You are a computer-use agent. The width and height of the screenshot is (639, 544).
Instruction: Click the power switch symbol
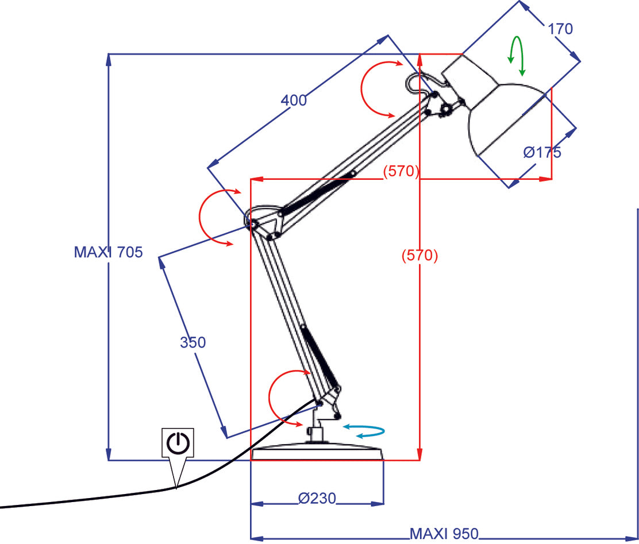tap(178, 442)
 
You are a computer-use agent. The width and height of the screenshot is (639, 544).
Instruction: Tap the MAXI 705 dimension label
tap(108, 252)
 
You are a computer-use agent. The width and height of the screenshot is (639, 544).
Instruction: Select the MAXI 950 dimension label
tap(443, 534)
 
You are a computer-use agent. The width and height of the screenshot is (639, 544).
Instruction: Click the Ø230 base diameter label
tap(317, 497)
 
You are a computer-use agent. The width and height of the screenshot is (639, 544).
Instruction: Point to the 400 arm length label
tap(294, 100)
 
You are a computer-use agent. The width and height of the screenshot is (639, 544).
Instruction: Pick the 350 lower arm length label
tap(193, 342)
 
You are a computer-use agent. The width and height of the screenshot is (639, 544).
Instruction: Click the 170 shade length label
tap(560, 29)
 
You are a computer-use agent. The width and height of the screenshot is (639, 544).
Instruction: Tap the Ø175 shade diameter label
tap(542, 152)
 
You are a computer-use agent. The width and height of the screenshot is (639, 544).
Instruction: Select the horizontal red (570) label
tap(401, 171)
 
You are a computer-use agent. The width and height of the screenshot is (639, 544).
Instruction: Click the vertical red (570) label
tap(419, 256)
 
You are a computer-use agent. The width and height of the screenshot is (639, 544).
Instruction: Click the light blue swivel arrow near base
tap(364, 431)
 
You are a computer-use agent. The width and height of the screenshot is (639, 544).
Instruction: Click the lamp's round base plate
tap(317, 454)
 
